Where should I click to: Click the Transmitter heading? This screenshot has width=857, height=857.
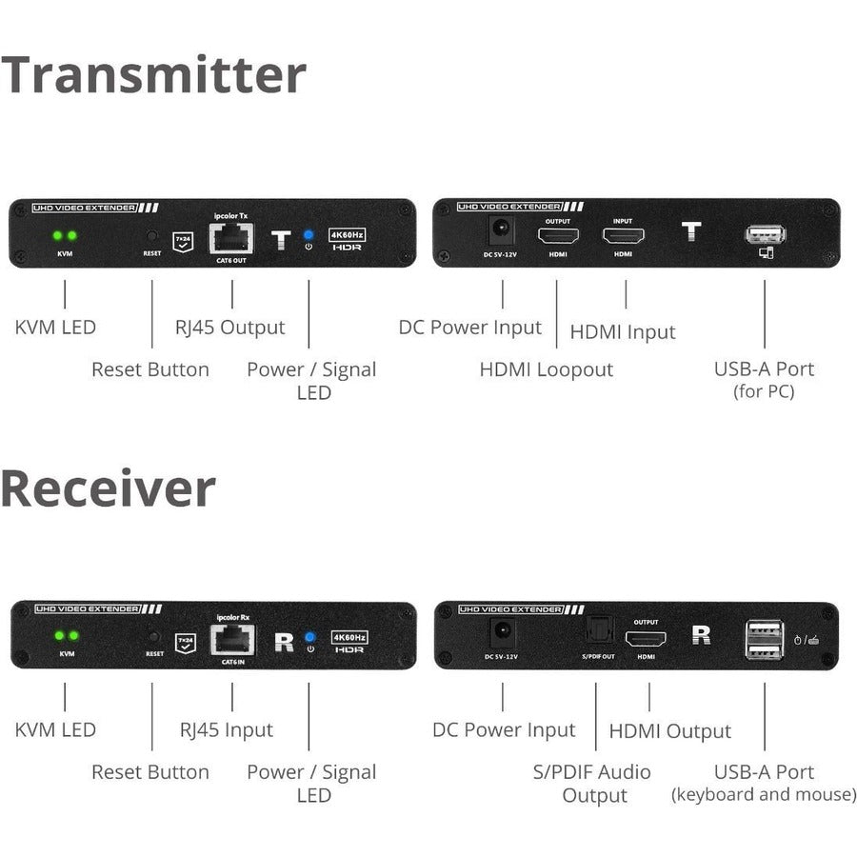click(x=153, y=74)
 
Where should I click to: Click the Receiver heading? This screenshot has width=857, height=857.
click(x=108, y=488)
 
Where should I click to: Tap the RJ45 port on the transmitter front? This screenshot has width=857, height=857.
click(x=231, y=237)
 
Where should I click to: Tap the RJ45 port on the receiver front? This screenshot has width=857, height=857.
click(x=231, y=640)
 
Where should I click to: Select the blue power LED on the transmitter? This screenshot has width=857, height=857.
click(x=309, y=234)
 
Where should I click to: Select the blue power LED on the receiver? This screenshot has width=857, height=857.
click(x=309, y=637)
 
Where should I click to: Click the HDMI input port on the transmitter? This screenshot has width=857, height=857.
click(x=624, y=236)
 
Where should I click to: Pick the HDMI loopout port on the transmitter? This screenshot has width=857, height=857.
click(x=557, y=236)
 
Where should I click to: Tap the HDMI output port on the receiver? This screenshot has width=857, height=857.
click(x=645, y=639)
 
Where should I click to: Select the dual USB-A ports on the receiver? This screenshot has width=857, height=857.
click(x=764, y=638)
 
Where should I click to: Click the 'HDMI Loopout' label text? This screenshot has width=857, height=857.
click(x=546, y=369)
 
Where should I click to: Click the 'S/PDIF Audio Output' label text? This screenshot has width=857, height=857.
click(x=591, y=783)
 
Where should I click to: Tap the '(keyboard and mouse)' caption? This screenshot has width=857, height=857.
click(x=764, y=794)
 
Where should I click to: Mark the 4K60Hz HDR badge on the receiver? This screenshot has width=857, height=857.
click(x=348, y=641)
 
